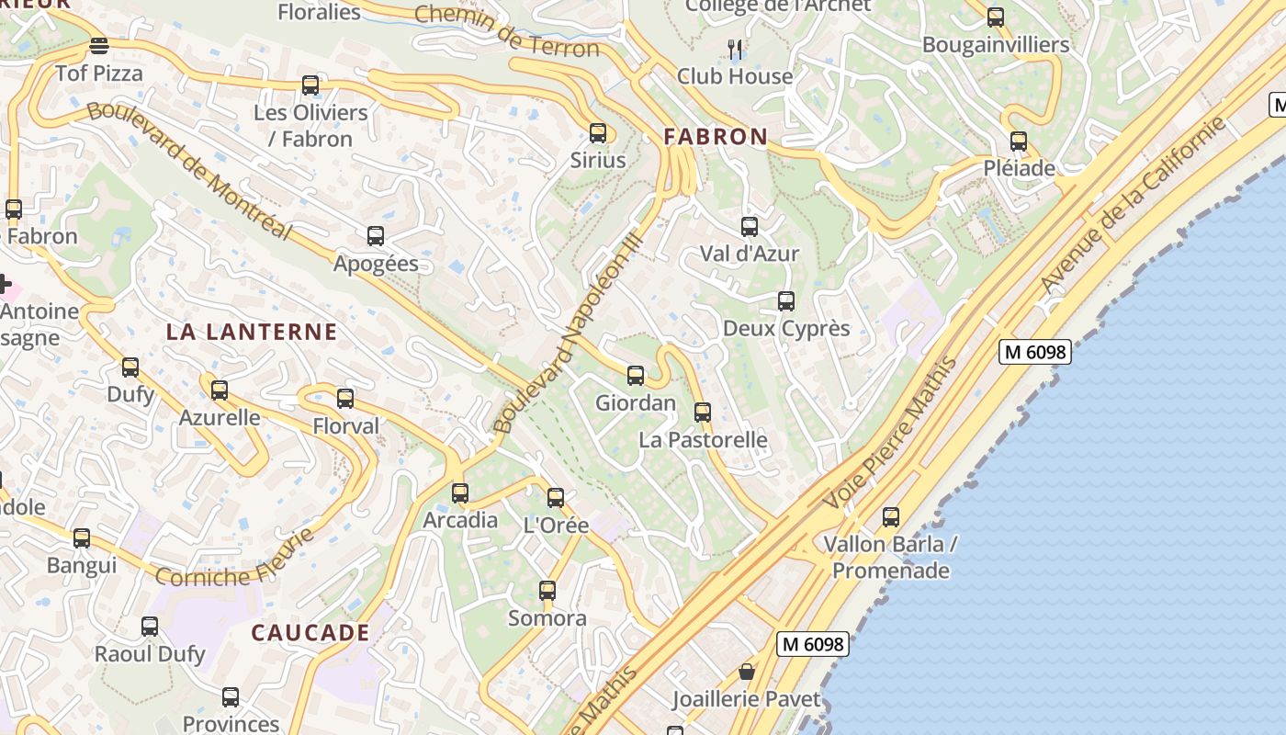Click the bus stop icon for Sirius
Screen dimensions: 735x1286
click(598, 133)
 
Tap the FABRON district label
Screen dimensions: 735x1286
click(716, 137)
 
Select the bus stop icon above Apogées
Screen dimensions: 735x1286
click(376, 236)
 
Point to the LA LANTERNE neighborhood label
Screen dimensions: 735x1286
click(252, 332)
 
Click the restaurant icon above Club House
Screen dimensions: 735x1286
click(735, 48)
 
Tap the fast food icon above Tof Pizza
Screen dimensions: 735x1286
click(99, 45)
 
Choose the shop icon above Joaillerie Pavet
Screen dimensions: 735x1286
click(747, 672)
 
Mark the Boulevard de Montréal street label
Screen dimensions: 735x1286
click(189, 170)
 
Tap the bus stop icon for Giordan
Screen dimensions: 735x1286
click(636, 376)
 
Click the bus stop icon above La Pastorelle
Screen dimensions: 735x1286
click(703, 413)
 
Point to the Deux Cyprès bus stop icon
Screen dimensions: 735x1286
click(786, 301)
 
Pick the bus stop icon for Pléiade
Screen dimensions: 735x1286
click(1019, 141)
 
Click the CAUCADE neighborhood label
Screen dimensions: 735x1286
click(310, 633)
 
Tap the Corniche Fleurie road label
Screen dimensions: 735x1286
click(235, 560)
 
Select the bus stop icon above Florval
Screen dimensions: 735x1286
click(345, 399)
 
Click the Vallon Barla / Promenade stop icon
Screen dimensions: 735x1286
click(891, 517)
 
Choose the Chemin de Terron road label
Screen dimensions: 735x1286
click(507, 29)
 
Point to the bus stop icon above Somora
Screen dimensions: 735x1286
click(547, 591)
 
